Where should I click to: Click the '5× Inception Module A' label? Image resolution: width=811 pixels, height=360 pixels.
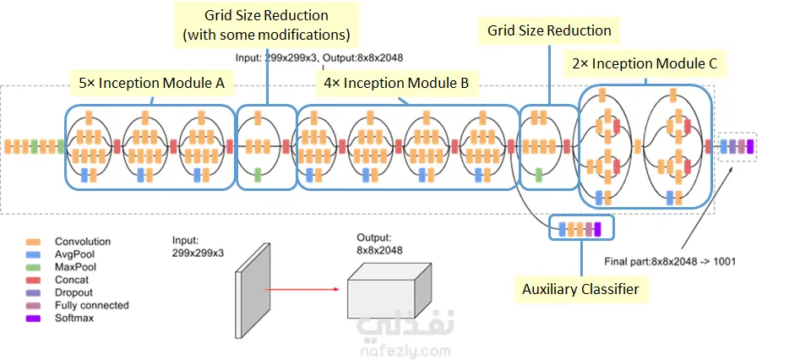[x=151, y=83]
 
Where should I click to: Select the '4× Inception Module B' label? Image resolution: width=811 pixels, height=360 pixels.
[x=396, y=83]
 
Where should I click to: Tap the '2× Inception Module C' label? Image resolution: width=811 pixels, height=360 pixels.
[x=645, y=63]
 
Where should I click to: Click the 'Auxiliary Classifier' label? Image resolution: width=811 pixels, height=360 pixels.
[x=580, y=289]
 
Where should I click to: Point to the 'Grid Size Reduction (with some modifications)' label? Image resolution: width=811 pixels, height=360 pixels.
[x=266, y=25]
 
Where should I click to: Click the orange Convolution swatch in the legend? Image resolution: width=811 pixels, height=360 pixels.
[x=33, y=242]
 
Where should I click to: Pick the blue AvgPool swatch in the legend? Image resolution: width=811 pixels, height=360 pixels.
[x=33, y=254]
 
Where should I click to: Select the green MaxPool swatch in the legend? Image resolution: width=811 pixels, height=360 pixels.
[x=33, y=267]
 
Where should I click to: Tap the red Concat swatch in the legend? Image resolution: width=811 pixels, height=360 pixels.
[x=33, y=280]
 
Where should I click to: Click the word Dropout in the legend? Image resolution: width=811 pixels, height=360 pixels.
[x=71, y=292]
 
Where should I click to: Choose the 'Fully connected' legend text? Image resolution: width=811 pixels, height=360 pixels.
[x=91, y=306]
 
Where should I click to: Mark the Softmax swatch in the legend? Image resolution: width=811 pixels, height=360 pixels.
[x=33, y=318]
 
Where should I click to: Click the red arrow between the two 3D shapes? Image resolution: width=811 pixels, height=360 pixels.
[x=302, y=289]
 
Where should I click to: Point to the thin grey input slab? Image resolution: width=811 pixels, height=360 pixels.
[x=253, y=290]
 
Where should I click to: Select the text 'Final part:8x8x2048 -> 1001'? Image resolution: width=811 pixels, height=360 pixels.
[x=670, y=262]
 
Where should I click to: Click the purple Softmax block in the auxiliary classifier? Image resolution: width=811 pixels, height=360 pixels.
[x=597, y=227]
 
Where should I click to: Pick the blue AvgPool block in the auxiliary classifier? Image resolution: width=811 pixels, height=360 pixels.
[x=563, y=227]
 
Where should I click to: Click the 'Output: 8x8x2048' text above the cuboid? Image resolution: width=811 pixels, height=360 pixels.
[x=379, y=244]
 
